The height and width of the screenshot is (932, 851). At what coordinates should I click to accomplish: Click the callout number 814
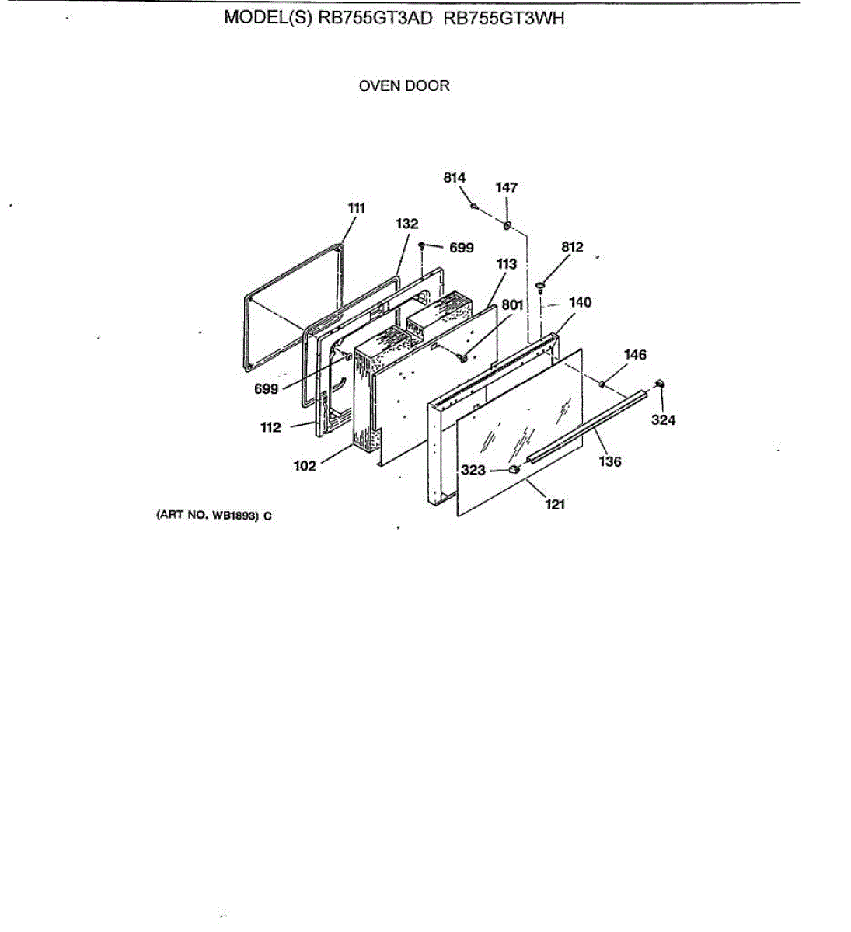(455, 178)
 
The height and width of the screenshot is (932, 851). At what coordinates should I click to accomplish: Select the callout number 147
(507, 187)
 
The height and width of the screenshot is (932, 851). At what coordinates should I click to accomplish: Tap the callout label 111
(356, 207)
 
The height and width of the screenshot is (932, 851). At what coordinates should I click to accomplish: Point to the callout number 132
(406, 224)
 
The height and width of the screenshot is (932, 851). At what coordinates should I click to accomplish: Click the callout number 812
(572, 247)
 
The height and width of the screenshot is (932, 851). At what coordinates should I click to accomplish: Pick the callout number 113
(507, 264)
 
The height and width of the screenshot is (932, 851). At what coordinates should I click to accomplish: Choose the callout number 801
(512, 305)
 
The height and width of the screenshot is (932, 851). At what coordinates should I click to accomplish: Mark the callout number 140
(581, 302)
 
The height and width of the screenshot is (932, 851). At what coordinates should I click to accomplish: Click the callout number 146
(635, 355)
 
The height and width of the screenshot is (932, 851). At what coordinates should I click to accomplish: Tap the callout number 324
(663, 420)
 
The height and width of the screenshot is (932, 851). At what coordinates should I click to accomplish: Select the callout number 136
(610, 462)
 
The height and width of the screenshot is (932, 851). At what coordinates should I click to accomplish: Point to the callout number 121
(555, 505)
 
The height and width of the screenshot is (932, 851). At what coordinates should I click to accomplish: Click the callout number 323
(473, 470)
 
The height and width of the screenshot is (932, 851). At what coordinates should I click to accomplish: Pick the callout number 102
(305, 466)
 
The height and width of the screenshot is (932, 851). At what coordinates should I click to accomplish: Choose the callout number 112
(270, 427)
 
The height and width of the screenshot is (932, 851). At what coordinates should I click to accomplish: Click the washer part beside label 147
(507, 226)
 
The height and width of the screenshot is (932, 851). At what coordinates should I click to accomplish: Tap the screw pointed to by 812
(540, 287)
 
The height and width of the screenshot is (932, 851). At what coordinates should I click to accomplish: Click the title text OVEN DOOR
(404, 86)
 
